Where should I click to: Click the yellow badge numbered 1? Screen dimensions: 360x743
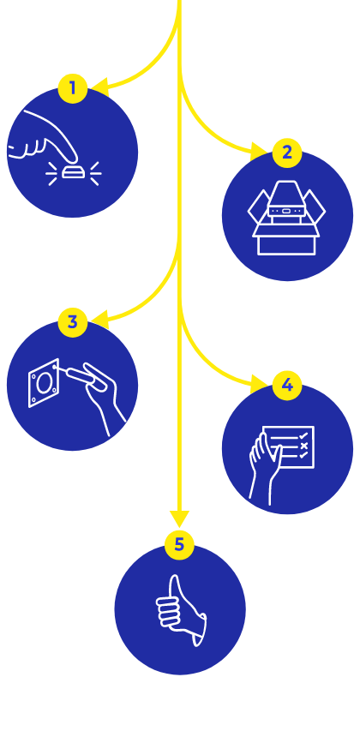73,88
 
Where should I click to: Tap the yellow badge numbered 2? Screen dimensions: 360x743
287,153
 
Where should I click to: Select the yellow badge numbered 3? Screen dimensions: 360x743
73,322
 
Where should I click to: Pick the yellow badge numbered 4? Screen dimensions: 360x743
287,386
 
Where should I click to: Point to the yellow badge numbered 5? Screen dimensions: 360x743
179,545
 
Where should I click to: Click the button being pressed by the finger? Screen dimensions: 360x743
74,172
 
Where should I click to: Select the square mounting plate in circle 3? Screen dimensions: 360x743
44,383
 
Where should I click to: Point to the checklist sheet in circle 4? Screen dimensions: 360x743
289,446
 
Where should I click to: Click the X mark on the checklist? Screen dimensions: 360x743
304,446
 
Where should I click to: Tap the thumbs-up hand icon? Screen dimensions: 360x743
181,610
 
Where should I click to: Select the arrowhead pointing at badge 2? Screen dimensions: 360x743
259,151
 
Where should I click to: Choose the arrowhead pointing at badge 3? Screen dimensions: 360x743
100,320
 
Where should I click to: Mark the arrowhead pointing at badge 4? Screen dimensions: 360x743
259,383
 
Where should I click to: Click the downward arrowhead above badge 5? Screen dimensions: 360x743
179,518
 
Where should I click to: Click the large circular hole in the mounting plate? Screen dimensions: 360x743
43,383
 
